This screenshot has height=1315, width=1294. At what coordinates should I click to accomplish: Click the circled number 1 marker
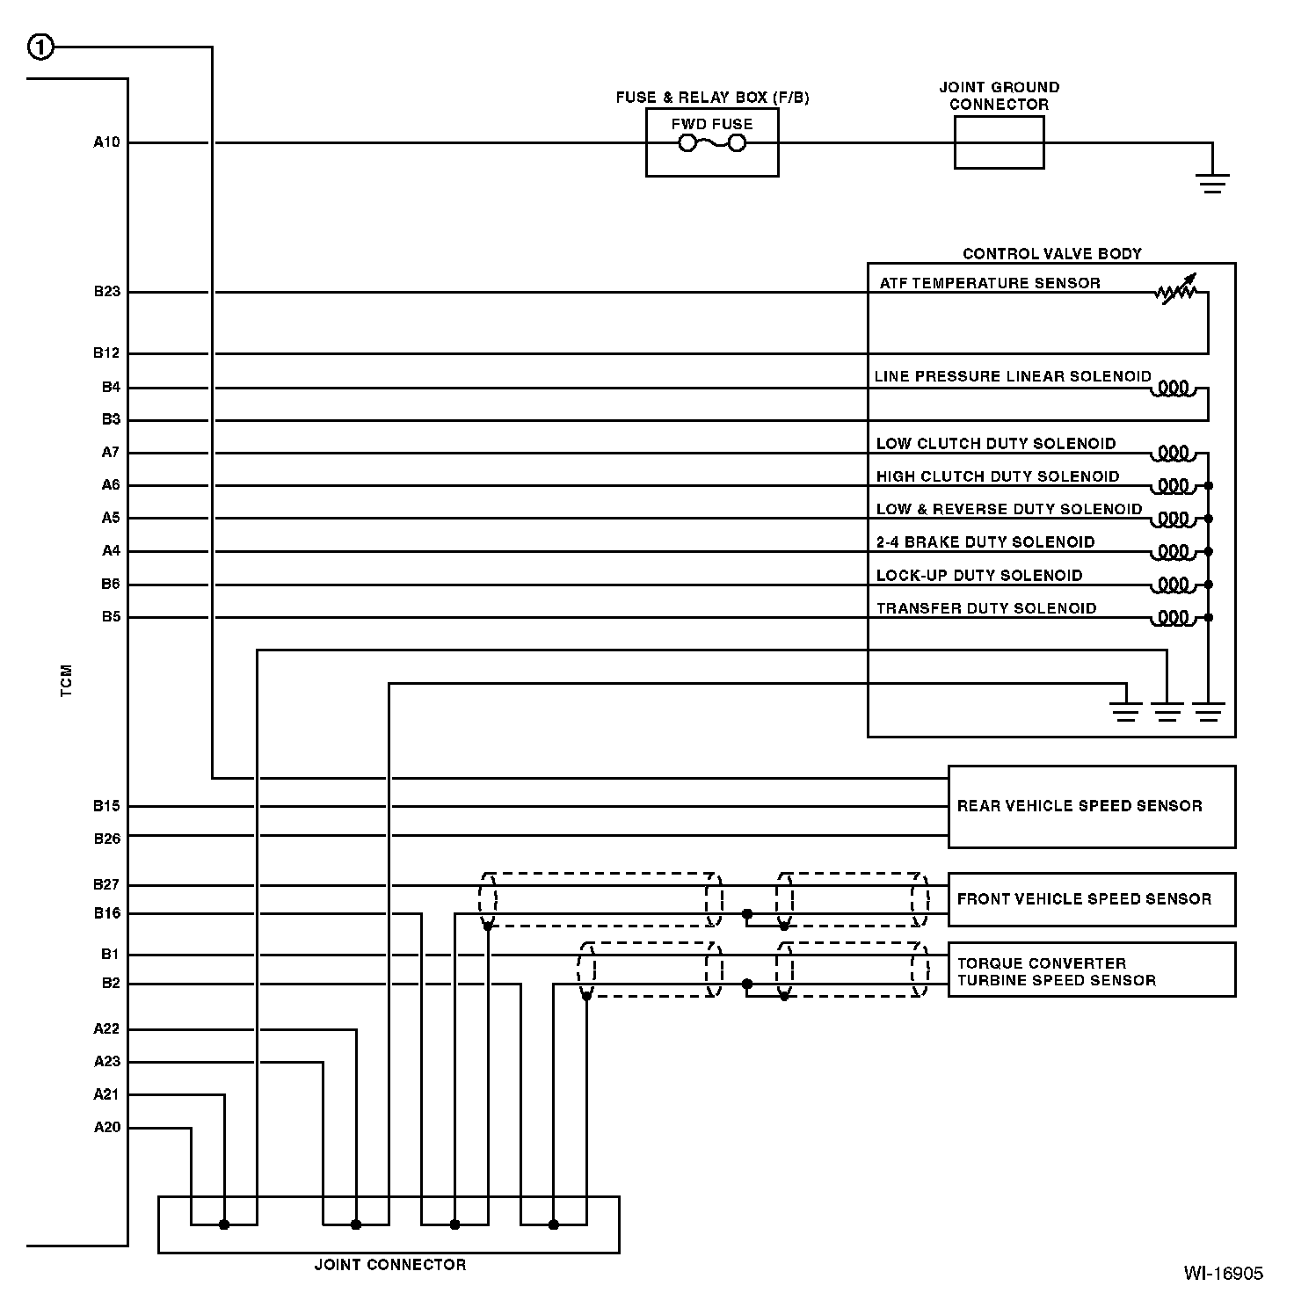point(41,47)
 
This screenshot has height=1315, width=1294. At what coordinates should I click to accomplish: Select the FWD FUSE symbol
point(712,142)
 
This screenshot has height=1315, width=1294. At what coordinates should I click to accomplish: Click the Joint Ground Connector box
point(999,142)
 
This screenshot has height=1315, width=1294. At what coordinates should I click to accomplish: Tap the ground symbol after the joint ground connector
point(1212,183)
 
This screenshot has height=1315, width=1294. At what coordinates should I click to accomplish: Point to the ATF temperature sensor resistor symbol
point(1176,291)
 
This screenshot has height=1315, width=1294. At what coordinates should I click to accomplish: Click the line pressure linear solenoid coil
point(1174,389)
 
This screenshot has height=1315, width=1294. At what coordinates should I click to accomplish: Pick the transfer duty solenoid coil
point(1174,618)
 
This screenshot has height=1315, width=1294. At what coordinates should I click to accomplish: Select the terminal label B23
point(107,292)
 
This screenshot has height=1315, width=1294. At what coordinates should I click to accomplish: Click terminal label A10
point(107,142)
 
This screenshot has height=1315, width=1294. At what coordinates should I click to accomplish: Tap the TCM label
point(67,681)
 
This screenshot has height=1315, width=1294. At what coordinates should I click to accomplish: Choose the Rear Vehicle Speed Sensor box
point(1091,806)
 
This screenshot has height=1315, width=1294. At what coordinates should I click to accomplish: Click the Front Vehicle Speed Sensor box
point(1091,899)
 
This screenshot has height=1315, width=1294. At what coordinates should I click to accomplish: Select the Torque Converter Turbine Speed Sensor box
point(1091,970)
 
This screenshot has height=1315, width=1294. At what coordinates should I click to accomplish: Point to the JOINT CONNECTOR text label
point(390,1265)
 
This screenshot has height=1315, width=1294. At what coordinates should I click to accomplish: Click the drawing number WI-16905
point(1223,1274)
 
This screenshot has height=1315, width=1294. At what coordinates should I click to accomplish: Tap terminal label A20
point(107,1128)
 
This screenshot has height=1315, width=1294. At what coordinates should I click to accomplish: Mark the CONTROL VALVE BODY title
point(1051,254)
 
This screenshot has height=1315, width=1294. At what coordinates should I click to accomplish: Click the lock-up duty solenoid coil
point(1174,585)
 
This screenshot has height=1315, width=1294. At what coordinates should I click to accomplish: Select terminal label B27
point(107,885)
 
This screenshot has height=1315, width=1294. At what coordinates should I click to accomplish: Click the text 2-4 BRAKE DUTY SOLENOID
point(985,542)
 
